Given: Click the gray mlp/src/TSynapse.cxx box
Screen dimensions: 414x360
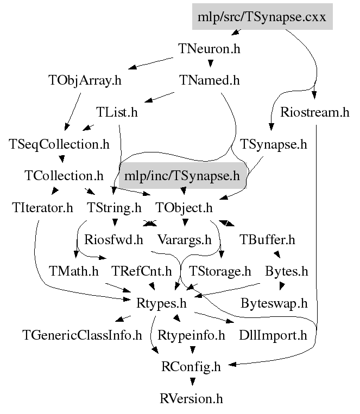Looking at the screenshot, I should pyautogui.click(x=261, y=16).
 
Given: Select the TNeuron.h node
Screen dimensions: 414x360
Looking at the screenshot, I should pyautogui.click(x=209, y=48).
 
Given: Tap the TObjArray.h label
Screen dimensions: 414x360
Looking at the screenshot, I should pyautogui.click(x=84, y=81).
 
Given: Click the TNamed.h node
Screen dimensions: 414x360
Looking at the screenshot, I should pyautogui.click(x=209, y=81).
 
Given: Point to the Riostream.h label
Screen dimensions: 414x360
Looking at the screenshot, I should pyautogui.click(x=315, y=112).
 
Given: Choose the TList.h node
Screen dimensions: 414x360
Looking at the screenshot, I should pyautogui.click(x=117, y=112).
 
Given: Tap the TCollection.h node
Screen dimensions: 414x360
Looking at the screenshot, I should pyautogui.click(x=64, y=176).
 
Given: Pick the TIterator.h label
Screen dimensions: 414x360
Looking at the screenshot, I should pyautogui.click(x=42, y=207).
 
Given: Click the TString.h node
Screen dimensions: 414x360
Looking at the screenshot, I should pyautogui.click(x=114, y=207).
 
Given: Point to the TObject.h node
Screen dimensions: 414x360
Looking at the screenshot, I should pyautogui.click(x=184, y=207).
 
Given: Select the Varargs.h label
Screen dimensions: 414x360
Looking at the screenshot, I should pyautogui.click(x=184, y=239).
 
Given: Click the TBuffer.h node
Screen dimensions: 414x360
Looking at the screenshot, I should pyautogui.click(x=267, y=239).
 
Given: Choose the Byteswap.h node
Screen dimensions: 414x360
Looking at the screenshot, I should pyautogui.click(x=274, y=302).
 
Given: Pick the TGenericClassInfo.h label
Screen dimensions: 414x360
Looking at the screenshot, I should pyautogui.click(x=82, y=335).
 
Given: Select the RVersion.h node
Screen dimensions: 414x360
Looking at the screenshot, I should pyautogui.click(x=192, y=399).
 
